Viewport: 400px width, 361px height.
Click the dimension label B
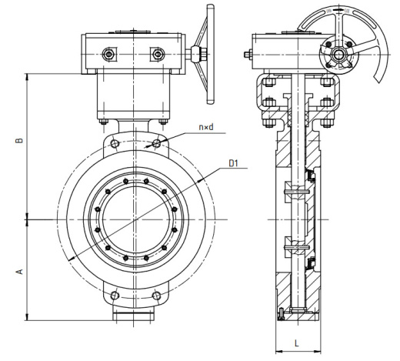coord(19,140)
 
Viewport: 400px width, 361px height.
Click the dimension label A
coord(19,271)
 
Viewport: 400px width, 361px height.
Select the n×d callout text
coord(206,127)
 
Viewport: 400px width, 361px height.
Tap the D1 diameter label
coord(233,163)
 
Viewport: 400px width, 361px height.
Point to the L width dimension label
coord(297,343)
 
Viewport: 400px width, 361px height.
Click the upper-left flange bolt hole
coord(115,143)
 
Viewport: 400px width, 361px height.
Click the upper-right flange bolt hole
coord(156,143)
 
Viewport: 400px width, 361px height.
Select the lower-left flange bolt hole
coord(115,296)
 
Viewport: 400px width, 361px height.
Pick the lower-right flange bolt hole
coord(156,296)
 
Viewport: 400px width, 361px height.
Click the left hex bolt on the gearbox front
coord(109,54)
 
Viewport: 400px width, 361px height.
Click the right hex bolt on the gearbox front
coord(157,54)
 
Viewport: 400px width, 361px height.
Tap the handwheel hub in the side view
coord(338,55)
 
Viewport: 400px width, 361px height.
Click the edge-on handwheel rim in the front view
coord(211,54)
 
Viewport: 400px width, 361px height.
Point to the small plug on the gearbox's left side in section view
coord(248,55)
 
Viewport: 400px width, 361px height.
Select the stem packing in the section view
coord(298,119)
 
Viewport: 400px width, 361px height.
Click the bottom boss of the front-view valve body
coord(133,316)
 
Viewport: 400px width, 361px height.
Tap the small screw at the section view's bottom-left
coord(282,314)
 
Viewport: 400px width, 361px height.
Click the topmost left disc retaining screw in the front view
coord(125,182)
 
